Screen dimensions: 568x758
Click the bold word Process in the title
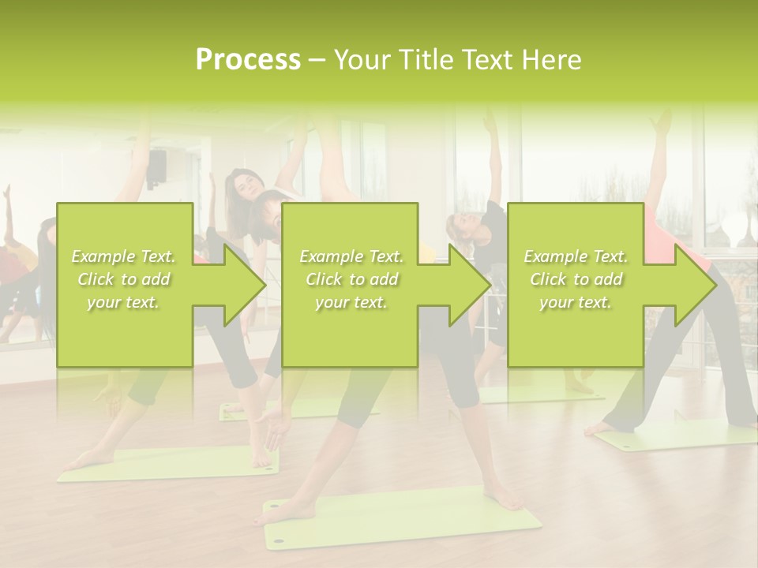pyautogui.click(x=248, y=60)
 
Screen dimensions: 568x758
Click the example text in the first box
pyautogui.click(x=124, y=279)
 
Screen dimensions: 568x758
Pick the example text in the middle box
pyautogui.click(x=351, y=279)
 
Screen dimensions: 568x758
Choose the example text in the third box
pyautogui.click(x=575, y=279)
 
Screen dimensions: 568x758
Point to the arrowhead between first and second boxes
pyautogui.click(x=240, y=285)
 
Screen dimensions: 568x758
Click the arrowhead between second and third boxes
pyautogui.click(x=466, y=285)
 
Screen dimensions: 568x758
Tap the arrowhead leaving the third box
pyautogui.click(x=692, y=285)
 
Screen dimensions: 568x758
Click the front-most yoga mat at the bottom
pyautogui.click(x=403, y=517)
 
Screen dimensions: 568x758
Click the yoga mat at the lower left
pyautogui.click(x=170, y=463)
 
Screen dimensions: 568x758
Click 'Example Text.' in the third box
pyautogui.click(x=575, y=256)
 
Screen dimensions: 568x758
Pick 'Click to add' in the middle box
pyautogui.click(x=351, y=279)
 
